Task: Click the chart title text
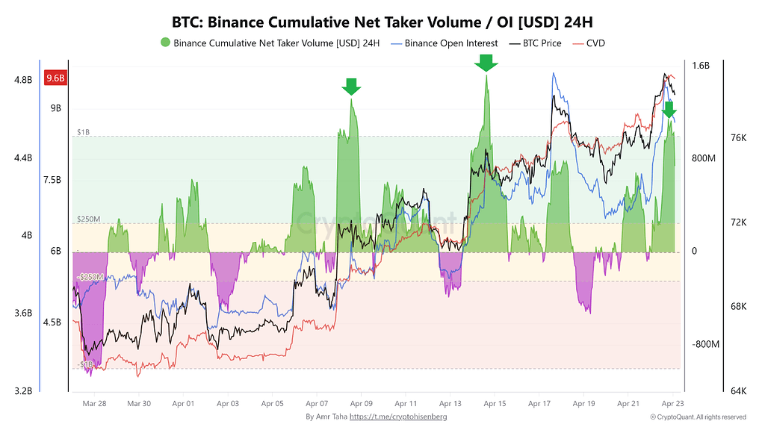pos(382,22)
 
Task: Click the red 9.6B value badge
pos(55,78)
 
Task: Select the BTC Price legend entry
pos(535,43)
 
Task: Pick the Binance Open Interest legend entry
pos(445,43)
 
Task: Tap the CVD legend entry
pos(589,43)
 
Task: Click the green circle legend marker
pos(165,43)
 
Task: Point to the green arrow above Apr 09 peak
pos(351,87)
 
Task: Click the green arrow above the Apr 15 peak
pos(486,63)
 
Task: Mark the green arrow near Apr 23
pos(669,110)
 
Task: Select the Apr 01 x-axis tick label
pos(184,404)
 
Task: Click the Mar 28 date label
pos(94,404)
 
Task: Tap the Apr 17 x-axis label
pos(539,404)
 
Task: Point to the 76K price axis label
pos(739,138)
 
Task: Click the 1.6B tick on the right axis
pos(701,66)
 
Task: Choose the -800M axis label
pos(705,345)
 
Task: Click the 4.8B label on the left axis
pos(23,80)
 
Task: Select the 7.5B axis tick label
pos(52,181)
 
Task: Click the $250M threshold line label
pos(88,219)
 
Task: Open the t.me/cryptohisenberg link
pos(398,417)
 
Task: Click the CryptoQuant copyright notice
pos(699,417)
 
